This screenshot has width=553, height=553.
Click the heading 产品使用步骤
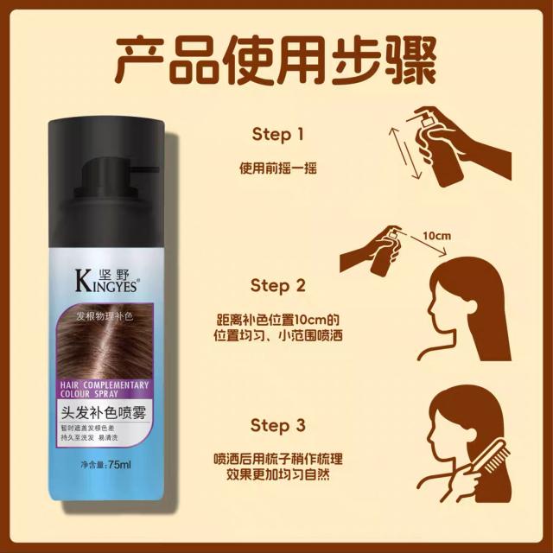[x=276, y=60]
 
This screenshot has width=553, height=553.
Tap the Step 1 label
[x=278, y=135]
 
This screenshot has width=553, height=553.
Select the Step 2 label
[x=278, y=285]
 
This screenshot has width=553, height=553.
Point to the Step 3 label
[x=278, y=425]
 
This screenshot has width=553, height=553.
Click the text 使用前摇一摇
[x=278, y=168]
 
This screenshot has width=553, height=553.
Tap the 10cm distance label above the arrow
[x=437, y=236]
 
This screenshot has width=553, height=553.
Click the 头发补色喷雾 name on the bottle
[x=104, y=412]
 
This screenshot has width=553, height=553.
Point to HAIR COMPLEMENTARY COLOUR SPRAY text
[x=105, y=389]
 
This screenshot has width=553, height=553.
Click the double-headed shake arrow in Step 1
[x=405, y=153]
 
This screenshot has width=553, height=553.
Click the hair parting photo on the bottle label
[x=105, y=341]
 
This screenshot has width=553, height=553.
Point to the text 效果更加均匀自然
[x=278, y=474]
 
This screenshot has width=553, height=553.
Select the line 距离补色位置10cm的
[x=278, y=320]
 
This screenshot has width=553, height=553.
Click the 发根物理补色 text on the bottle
[x=105, y=316]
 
